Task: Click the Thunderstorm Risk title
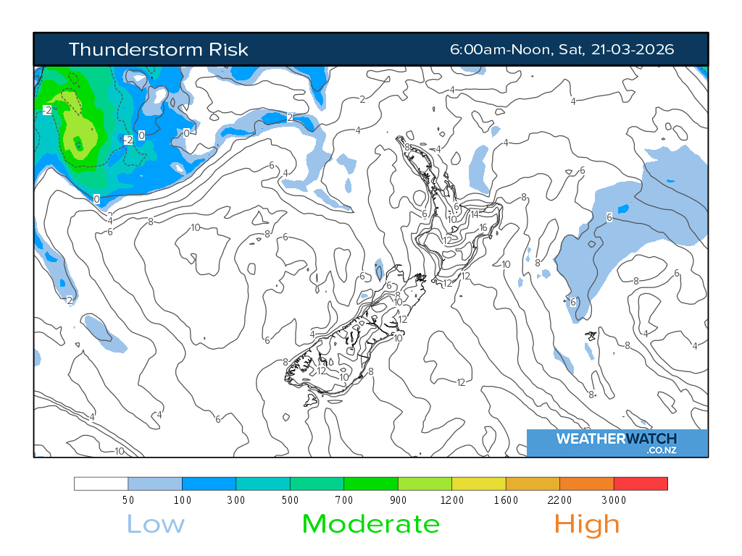click(158, 49)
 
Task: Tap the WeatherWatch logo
click(617, 442)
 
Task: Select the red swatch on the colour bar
click(641, 484)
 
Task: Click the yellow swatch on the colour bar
click(478, 484)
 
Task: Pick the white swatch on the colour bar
click(101, 484)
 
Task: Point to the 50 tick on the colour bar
click(128, 500)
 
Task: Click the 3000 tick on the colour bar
click(614, 500)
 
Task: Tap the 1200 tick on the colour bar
click(452, 500)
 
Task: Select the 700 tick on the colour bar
click(344, 500)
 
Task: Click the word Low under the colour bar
click(156, 523)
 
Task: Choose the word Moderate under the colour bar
click(370, 523)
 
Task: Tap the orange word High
click(587, 523)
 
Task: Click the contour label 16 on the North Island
click(483, 227)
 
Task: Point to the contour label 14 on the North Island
click(475, 214)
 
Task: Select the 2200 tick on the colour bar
click(559, 500)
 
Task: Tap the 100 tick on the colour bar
click(182, 500)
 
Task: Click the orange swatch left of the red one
click(586, 484)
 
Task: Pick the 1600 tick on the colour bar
click(506, 500)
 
